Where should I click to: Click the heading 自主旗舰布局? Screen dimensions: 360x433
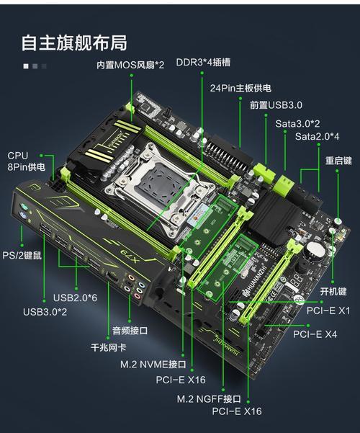click(74, 43)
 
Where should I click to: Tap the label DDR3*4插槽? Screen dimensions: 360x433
click(203, 62)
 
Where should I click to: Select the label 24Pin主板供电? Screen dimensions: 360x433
click(240, 88)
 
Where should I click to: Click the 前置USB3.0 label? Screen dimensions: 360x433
click(276, 105)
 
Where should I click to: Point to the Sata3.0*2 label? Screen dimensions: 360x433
click(297, 123)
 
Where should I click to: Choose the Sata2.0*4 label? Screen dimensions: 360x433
click(318, 136)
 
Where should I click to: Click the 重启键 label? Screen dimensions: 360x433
click(338, 161)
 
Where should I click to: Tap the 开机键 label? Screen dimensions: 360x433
click(333, 291)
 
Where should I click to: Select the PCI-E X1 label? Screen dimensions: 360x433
click(328, 311)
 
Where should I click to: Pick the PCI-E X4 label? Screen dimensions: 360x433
click(315, 334)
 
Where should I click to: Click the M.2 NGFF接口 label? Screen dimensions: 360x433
click(209, 398)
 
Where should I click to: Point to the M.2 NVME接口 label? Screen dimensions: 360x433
click(153, 365)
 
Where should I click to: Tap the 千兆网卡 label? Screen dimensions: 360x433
click(109, 347)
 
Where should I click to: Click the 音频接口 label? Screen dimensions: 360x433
click(130, 330)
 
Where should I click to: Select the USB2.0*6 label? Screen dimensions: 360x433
click(75, 298)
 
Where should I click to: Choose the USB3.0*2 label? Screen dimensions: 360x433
click(45, 312)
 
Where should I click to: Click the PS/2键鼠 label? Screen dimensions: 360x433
click(22, 255)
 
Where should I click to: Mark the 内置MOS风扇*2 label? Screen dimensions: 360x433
click(130, 65)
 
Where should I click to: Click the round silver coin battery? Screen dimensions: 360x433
click(315, 250)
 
